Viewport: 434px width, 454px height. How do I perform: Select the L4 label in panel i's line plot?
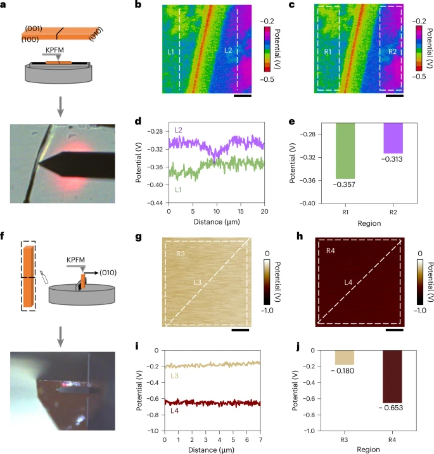point(174,412)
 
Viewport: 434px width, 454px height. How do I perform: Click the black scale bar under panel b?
point(242,96)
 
